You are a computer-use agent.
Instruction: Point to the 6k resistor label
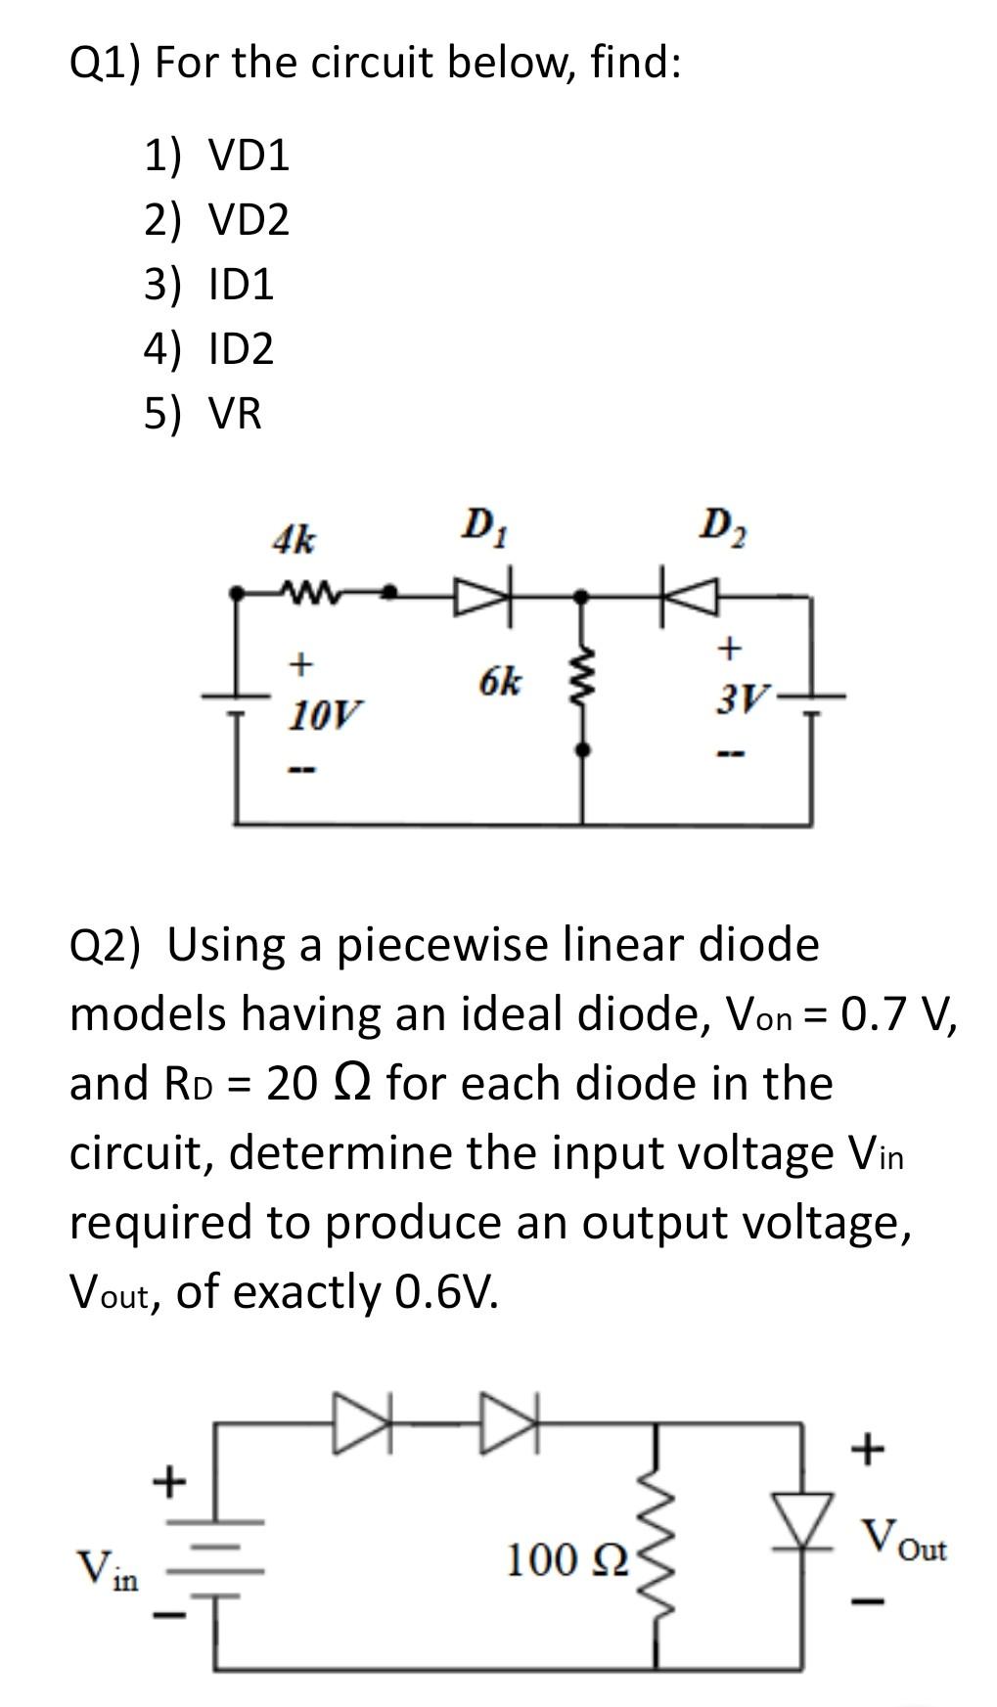[500, 682]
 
